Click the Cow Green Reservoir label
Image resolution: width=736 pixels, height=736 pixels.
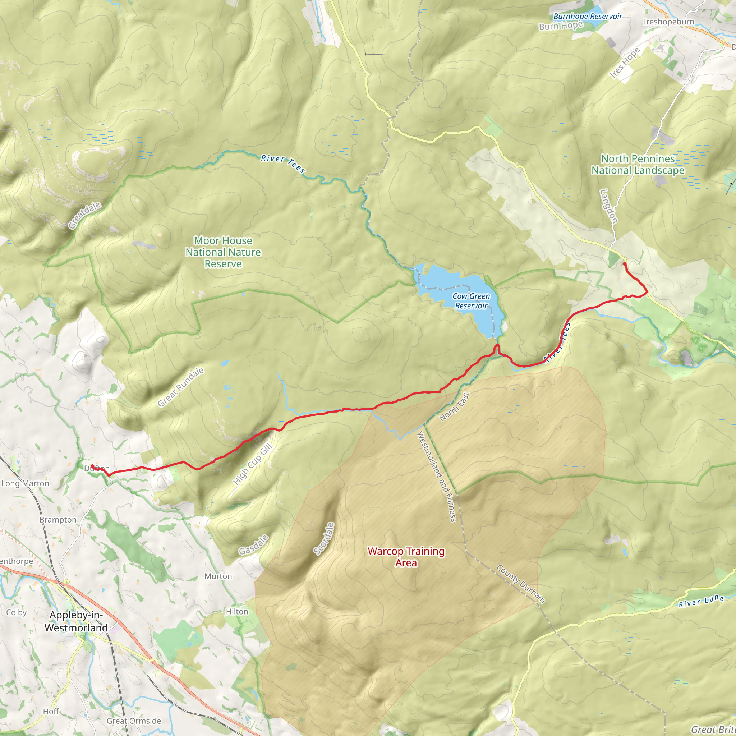[x=471, y=301]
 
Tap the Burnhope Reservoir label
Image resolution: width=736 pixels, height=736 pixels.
[x=588, y=17]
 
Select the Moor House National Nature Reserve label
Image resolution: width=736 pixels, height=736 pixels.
[x=223, y=252]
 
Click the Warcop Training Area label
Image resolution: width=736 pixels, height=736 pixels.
[x=406, y=557]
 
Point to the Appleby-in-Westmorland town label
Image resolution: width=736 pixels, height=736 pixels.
[x=76, y=621]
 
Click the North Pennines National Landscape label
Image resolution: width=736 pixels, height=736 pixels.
[x=638, y=165]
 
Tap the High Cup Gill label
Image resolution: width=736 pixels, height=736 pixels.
[x=253, y=464]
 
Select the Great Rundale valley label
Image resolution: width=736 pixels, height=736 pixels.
[x=181, y=387]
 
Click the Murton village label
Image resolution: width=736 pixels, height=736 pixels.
[x=218, y=576]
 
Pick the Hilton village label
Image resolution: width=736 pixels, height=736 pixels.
[x=237, y=611]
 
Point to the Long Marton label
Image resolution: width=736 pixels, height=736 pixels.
[x=25, y=483]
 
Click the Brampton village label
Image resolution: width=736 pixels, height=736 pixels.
[x=58, y=520]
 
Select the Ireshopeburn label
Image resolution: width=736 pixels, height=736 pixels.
[x=668, y=22]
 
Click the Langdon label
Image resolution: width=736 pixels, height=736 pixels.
[x=608, y=206]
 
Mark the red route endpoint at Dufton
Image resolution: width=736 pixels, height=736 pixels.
[x=92, y=466]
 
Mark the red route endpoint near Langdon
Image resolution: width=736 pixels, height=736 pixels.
[x=624, y=264]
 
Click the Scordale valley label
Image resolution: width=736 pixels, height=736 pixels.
[x=324, y=538]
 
